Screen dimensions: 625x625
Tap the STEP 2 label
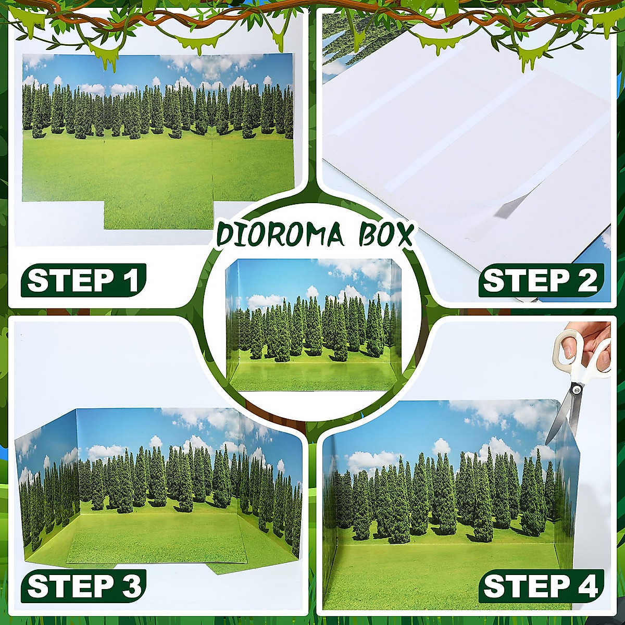coord(541,281)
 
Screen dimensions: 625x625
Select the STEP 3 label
coord(83,585)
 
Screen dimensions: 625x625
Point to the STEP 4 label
coord(541,586)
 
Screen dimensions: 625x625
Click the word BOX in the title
coord(385,235)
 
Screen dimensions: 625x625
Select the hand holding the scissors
coord(599,344)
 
